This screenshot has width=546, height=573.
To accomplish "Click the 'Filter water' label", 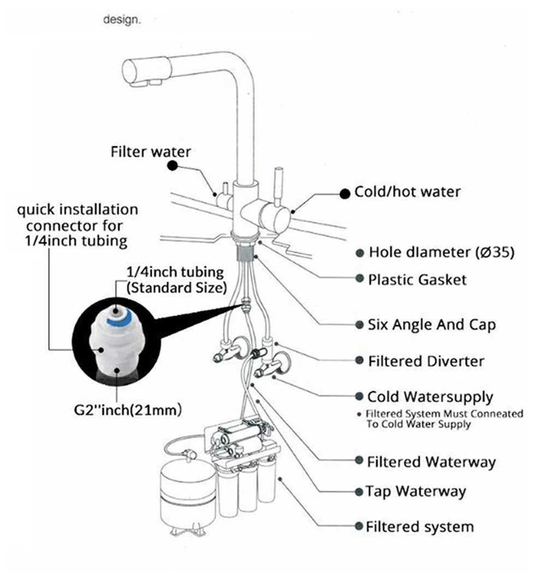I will click(151, 151).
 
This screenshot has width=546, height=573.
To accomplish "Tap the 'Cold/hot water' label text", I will click(407, 192).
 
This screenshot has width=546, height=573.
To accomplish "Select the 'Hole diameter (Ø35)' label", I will click(442, 252).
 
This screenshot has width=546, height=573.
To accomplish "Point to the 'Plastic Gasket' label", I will click(418, 280).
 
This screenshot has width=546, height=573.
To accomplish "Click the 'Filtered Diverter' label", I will click(426, 361).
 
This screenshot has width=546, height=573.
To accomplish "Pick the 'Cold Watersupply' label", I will click(430, 397).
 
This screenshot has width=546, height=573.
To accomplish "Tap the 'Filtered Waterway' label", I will click(431, 462).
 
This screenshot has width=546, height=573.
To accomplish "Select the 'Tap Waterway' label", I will click(417, 491).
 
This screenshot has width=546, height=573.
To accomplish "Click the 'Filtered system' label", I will click(420, 527).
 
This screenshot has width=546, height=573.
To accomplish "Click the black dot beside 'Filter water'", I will click(173, 165).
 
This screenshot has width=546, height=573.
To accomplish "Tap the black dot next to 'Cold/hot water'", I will click(345, 193).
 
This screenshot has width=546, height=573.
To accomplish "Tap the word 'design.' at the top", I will click(122, 20).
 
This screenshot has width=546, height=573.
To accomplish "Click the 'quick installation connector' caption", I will click(77, 224).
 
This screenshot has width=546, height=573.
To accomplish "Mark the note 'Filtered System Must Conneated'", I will click(444, 414).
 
